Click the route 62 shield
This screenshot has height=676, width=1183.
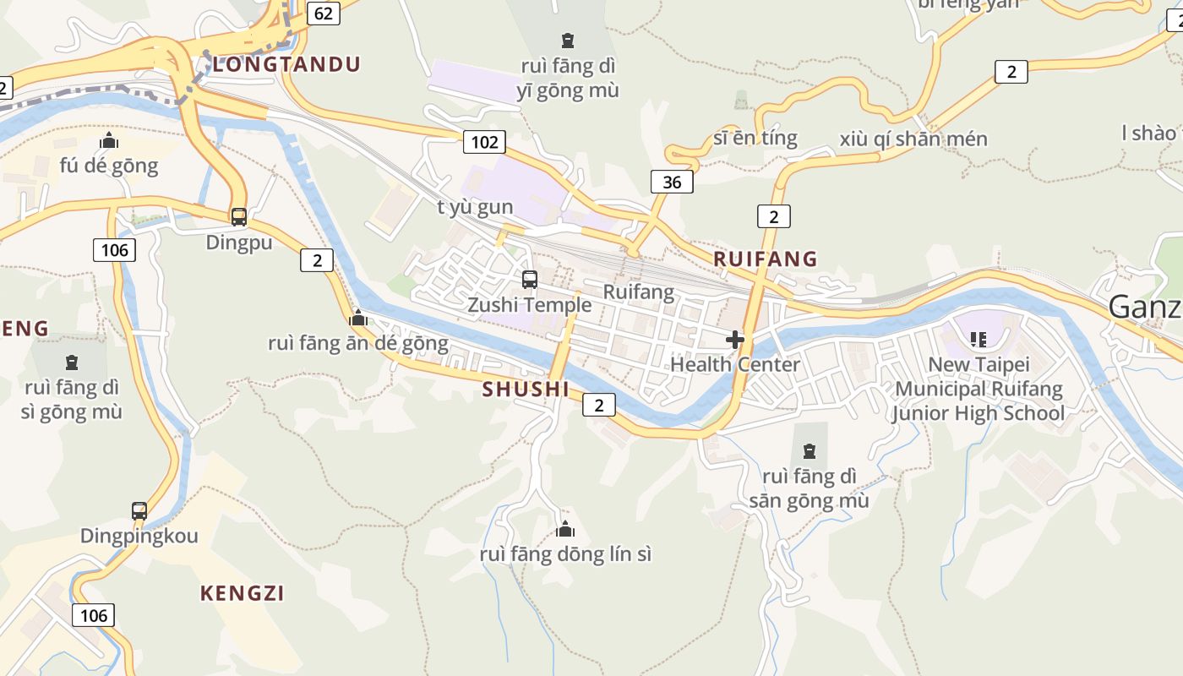pos(323,14)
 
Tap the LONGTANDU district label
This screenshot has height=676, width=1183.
pos(286,64)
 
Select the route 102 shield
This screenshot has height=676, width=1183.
pos(484,142)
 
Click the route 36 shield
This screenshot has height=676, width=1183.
pos(672,182)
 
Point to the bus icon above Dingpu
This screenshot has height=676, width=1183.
pos(239,217)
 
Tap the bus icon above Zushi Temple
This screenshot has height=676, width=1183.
pos(530,280)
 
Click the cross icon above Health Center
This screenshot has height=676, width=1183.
pos(735,340)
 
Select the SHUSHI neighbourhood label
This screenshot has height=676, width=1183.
pos(526,390)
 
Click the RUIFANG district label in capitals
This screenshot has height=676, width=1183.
pos(766,259)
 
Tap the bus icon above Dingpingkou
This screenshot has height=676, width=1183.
pos(139,511)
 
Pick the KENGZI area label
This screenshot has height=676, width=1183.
pos(243,593)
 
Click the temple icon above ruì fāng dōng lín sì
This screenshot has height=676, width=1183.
pos(565,530)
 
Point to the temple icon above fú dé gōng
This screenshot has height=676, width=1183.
pos(109,141)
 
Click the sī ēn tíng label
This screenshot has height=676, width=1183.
pos(755,138)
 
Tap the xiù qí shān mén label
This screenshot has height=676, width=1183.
pos(913,139)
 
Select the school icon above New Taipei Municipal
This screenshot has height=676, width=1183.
pos(979,340)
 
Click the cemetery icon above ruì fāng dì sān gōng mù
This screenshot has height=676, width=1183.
pos(810,451)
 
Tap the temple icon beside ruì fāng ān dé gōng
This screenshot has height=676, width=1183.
pos(358,319)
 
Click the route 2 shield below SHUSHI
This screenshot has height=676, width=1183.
pos(599,406)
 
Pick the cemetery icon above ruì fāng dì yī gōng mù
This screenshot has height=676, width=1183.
pos(568,40)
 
